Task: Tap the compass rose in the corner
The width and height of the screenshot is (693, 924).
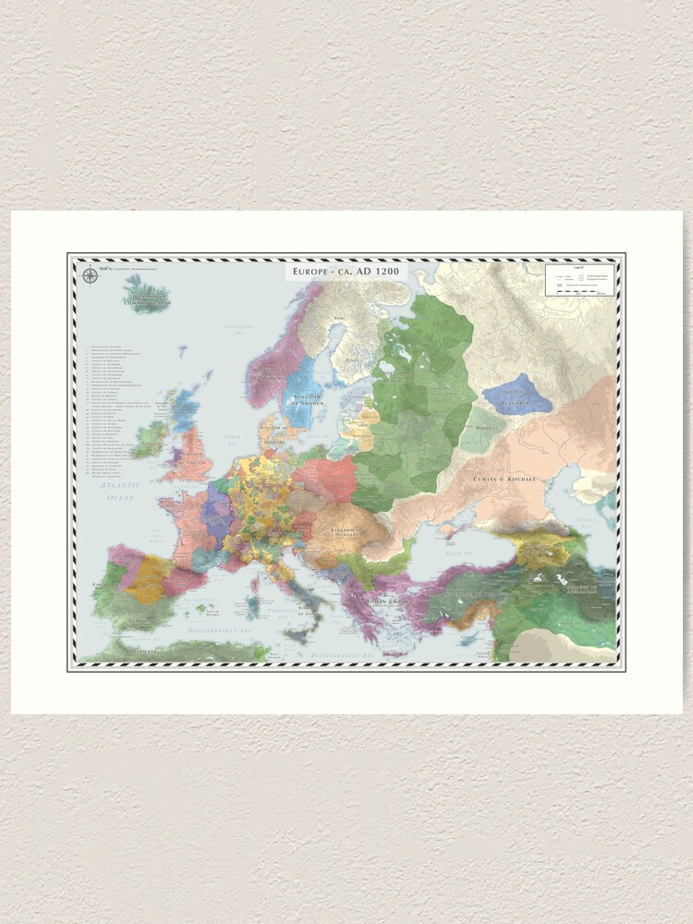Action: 90,274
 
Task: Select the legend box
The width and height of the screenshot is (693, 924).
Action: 578,280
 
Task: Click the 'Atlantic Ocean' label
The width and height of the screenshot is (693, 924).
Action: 120,491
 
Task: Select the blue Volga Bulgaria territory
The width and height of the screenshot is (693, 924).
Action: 517,395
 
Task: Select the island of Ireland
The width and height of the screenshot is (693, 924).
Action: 148,440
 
